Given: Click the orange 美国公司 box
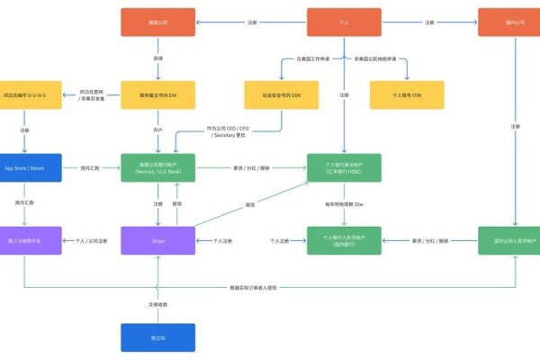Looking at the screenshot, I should point(158,22).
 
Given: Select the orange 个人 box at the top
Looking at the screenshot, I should point(343,22).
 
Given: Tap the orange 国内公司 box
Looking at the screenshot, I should point(516,22).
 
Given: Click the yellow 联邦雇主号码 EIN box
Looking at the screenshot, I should point(158,94).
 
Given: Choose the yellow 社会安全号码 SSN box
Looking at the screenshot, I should point(282,94).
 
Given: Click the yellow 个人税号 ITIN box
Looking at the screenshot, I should point(407,94).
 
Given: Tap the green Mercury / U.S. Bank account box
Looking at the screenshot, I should point(158,167).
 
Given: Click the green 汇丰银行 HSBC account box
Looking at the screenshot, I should point(343,167).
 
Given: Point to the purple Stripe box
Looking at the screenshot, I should point(158,240).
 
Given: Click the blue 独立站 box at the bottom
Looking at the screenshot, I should point(158,337).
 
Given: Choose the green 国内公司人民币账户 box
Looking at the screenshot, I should point(516,240).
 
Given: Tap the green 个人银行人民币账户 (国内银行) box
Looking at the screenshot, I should point(343,240).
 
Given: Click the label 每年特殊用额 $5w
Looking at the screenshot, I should point(343,203).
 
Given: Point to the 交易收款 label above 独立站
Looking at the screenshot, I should point(158,303).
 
